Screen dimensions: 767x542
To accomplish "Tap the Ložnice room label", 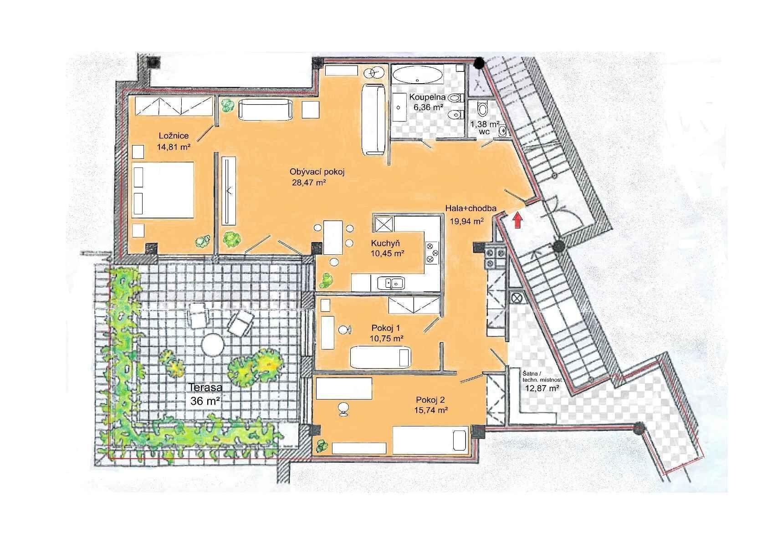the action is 174,136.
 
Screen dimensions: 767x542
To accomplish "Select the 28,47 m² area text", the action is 308,182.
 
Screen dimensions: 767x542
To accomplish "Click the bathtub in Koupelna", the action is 418,74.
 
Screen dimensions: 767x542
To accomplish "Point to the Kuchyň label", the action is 385,243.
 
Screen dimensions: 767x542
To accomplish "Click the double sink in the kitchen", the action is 391,284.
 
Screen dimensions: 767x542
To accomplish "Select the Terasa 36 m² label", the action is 205,394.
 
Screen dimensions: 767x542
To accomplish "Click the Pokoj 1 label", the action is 386,328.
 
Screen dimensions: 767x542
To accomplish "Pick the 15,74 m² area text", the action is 431,410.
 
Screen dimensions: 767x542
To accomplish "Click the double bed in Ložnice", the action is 163,190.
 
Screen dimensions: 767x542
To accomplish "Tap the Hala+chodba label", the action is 470,208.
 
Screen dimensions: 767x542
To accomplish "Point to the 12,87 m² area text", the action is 542,388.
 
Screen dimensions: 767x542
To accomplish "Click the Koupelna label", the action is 427,97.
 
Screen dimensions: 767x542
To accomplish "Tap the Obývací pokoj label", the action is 317,172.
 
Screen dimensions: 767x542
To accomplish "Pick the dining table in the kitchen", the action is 333,238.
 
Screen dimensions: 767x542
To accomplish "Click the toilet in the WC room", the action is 482,108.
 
